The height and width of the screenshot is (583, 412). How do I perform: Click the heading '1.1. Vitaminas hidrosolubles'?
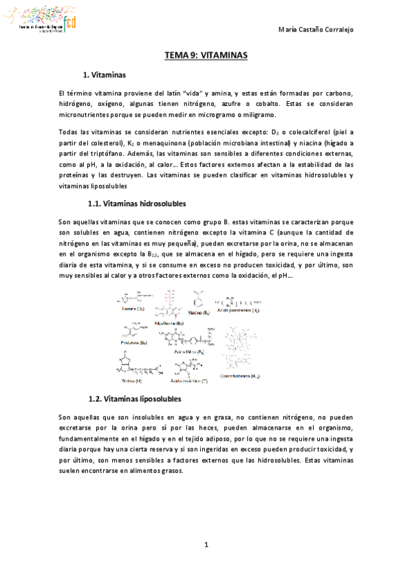tap(138, 204)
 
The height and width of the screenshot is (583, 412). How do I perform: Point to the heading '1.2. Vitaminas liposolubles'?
tap(135, 399)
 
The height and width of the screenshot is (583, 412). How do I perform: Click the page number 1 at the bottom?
tap(206, 544)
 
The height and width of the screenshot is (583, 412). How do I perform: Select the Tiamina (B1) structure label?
tap(133, 309)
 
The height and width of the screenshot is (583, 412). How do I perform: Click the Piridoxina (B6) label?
tap(133, 342)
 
